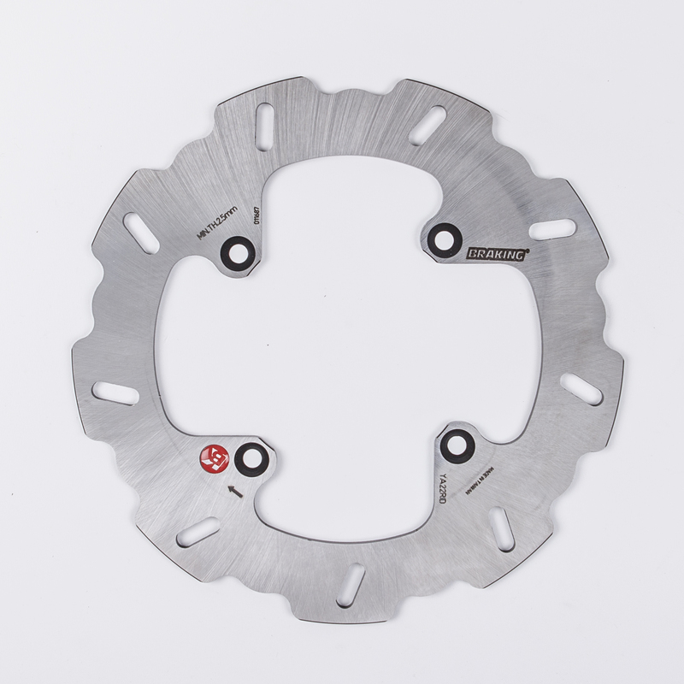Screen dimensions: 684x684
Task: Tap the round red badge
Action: tap(211, 459)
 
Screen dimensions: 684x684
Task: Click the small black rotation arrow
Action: tap(235, 490)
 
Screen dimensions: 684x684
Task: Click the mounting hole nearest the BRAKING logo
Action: tap(445, 237)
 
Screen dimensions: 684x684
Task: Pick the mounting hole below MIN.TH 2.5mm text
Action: tap(237, 252)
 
